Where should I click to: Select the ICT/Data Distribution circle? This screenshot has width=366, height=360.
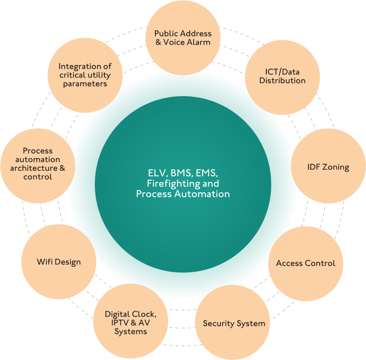pyautogui.click(x=282, y=76)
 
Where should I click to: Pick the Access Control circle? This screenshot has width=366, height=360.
pyautogui.click(x=306, y=263)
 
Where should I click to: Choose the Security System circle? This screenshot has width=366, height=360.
pyautogui.click(x=234, y=323)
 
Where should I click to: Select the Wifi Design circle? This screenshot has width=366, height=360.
pyautogui.click(x=59, y=262)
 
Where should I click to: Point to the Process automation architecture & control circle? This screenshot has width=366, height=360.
pyautogui.click(x=38, y=164)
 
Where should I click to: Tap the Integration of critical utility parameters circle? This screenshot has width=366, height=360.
pyautogui.click(x=85, y=75)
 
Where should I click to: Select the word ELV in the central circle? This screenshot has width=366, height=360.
pyautogui.click(x=155, y=174)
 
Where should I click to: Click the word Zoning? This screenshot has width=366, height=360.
pyautogui.click(x=336, y=167)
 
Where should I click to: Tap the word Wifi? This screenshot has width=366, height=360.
pyautogui.click(x=45, y=262)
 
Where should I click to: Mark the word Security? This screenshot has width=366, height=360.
pyautogui.click(x=219, y=324)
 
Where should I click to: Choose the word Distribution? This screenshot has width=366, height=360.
pyautogui.click(x=282, y=81)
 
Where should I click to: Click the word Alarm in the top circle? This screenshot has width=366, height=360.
pyautogui.click(x=198, y=42)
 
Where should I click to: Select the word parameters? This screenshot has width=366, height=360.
pyautogui.click(x=85, y=84)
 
